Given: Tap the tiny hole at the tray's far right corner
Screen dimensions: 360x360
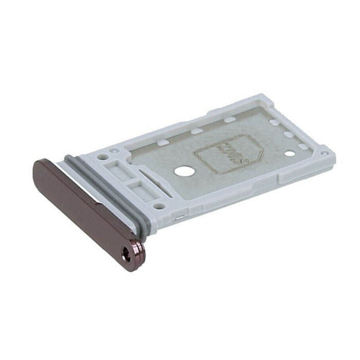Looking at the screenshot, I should tap(323, 152).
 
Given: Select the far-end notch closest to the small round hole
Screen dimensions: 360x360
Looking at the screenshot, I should tap(303, 147).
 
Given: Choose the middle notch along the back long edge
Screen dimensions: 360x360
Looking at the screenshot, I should tap(196, 131).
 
